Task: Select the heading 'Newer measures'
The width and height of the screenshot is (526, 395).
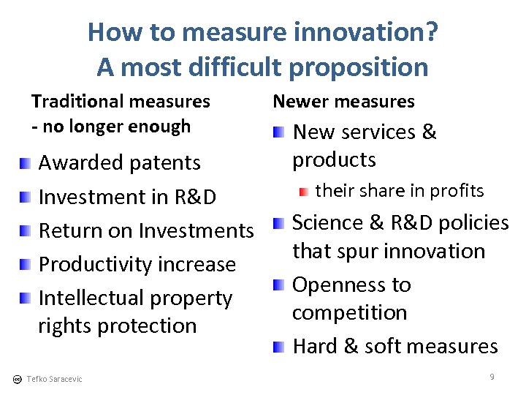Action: click(343, 102)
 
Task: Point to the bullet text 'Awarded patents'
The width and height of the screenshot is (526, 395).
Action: click(119, 162)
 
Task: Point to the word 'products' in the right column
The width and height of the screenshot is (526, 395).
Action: click(334, 159)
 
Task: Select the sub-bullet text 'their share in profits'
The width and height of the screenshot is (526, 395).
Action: click(399, 191)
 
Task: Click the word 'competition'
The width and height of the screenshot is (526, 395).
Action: click(349, 312)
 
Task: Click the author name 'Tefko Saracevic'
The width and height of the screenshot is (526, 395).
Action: click(54, 379)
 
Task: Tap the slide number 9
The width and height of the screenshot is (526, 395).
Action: click(492, 377)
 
